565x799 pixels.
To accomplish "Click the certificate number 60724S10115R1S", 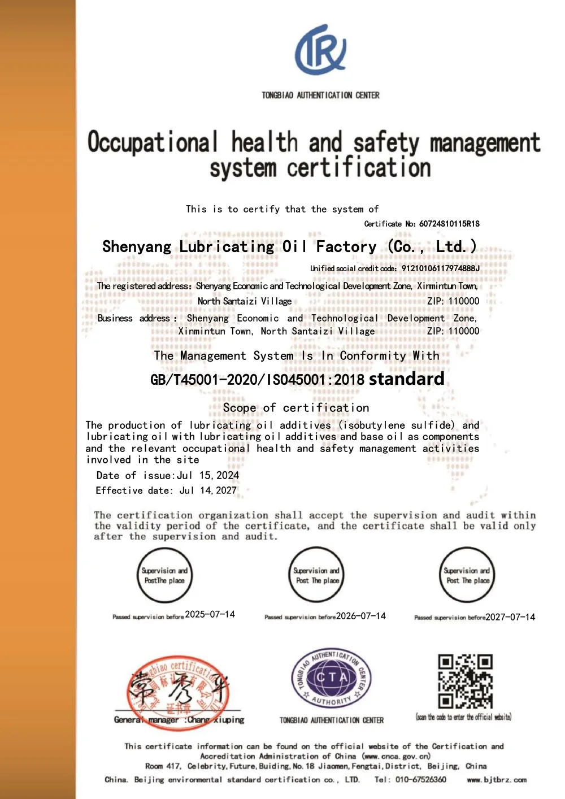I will point(449,224).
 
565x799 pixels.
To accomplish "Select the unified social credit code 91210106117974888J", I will point(440,268).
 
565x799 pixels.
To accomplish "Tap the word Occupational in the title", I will point(153,142).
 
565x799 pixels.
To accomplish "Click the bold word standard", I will point(406,379).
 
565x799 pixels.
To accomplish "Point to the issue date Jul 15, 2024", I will point(208,476).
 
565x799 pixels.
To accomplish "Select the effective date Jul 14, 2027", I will point(208,490).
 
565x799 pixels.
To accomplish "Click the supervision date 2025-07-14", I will point(210,614).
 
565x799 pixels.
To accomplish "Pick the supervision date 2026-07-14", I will point(361,616).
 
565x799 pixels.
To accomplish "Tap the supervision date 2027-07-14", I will point(510,617).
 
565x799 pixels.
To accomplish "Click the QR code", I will point(466,681).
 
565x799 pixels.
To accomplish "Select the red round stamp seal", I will point(179,692).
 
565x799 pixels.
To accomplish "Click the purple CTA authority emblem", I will point(332,677).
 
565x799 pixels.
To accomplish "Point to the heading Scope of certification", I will point(296,408).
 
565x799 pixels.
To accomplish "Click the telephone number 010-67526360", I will point(421,780).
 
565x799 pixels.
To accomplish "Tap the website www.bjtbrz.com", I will point(497,780).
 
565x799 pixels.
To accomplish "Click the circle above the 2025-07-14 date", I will point(164,575).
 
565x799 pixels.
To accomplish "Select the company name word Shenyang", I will point(137,247).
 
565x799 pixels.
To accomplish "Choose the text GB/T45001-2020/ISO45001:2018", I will point(258,380).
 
